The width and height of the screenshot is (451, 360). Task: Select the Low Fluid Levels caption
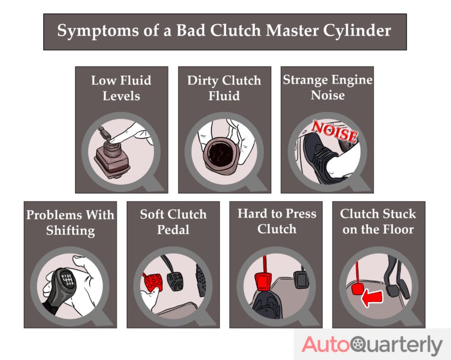click(x=121, y=88)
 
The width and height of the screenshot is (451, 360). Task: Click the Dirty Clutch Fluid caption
click(x=224, y=88)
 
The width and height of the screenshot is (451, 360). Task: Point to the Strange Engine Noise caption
click(x=328, y=87)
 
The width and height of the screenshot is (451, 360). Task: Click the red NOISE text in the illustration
click(x=335, y=132)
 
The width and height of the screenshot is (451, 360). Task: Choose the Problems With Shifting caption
click(x=70, y=222)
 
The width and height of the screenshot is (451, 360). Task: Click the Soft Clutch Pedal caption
click(x=173, y=222)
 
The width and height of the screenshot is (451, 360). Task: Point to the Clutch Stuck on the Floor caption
click(x=378, y=221)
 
